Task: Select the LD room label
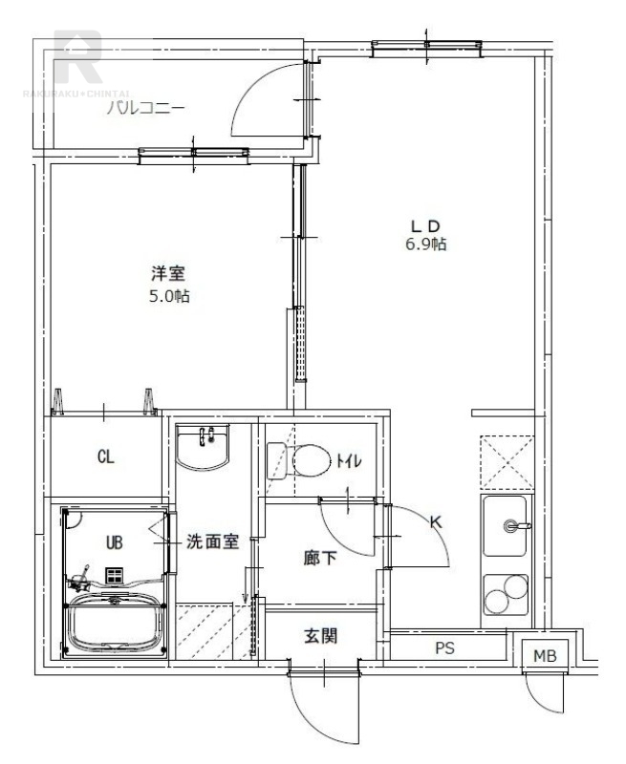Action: click(x=424, y=225)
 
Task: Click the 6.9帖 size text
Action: click(x=424, y=244)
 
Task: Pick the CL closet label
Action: click(x=105, y=457)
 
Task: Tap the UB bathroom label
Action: click(x=114, y=542)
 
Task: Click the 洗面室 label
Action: click(x=212, y=542)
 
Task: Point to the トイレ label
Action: click(x=346, y=462)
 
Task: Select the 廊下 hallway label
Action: click(x=320, y=558)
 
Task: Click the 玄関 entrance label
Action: click(x=321, y=636)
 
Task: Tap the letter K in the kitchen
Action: click(x=435, y=522)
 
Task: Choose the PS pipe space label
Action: click(x=444, y=648)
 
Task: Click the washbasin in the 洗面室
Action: click(x=204, y=447)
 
